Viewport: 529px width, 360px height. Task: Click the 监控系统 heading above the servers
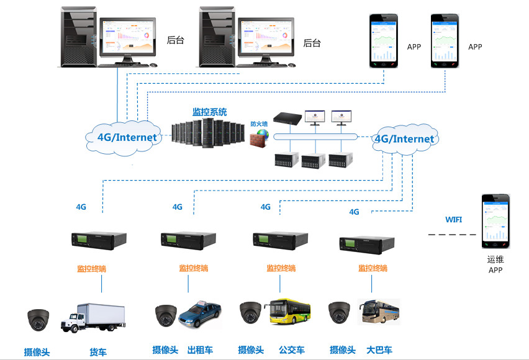point(209,112)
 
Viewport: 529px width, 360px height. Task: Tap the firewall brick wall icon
point(259,138)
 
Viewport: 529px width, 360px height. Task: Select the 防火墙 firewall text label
point(259,124)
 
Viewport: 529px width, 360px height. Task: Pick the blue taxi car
point(199,315)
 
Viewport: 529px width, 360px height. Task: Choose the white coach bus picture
point(379,312)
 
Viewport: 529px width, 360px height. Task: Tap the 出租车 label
point(200,350)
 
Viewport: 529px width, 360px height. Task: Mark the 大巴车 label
point(379,350)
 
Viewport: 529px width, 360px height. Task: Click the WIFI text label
point(454,220)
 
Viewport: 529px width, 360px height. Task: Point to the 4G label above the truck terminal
point(81,207)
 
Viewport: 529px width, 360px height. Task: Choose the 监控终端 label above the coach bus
point(373,268)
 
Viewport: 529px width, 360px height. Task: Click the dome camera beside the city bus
point(251,313)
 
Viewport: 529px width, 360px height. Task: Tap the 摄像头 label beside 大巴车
point(343,350)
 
